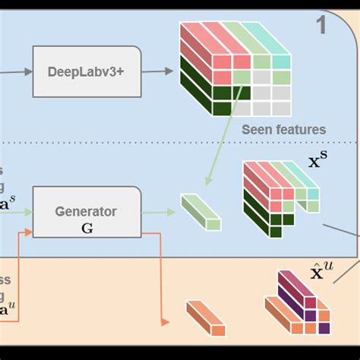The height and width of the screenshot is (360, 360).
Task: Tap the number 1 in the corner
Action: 321,25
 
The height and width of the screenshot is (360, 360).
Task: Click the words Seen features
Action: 283,130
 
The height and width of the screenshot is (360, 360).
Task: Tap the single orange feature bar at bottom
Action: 207,317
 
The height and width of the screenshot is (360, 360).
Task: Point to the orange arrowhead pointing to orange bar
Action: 162,320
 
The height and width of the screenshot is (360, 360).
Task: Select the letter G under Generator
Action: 87,226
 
